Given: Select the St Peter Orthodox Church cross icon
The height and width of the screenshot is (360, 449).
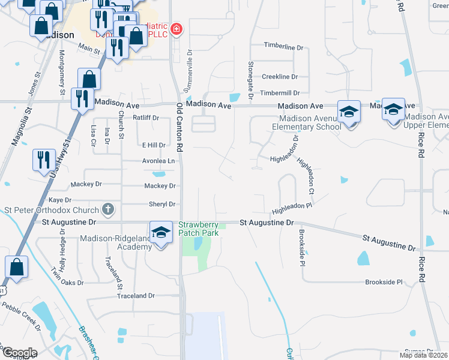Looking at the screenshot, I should click(107, 209).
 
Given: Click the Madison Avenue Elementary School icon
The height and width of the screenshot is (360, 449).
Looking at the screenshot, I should click(349, 112).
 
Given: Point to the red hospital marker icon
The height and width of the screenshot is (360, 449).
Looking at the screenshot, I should click(176, 29).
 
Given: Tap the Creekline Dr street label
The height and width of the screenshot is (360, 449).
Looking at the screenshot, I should click(280, 77).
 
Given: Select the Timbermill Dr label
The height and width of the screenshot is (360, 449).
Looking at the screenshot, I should click(280, 93).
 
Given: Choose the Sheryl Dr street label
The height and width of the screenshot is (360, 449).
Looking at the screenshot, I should click(161, 204).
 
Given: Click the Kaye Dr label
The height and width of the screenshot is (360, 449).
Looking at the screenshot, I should click(60, 200).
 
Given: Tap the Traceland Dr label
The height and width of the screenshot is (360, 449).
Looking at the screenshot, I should click(136, 296).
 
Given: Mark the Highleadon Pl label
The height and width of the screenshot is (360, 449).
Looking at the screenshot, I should click(293, 209).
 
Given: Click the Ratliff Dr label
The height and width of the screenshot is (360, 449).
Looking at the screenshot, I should click(146, 118).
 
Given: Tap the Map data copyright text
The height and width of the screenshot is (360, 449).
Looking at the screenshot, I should click(424, 355).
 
